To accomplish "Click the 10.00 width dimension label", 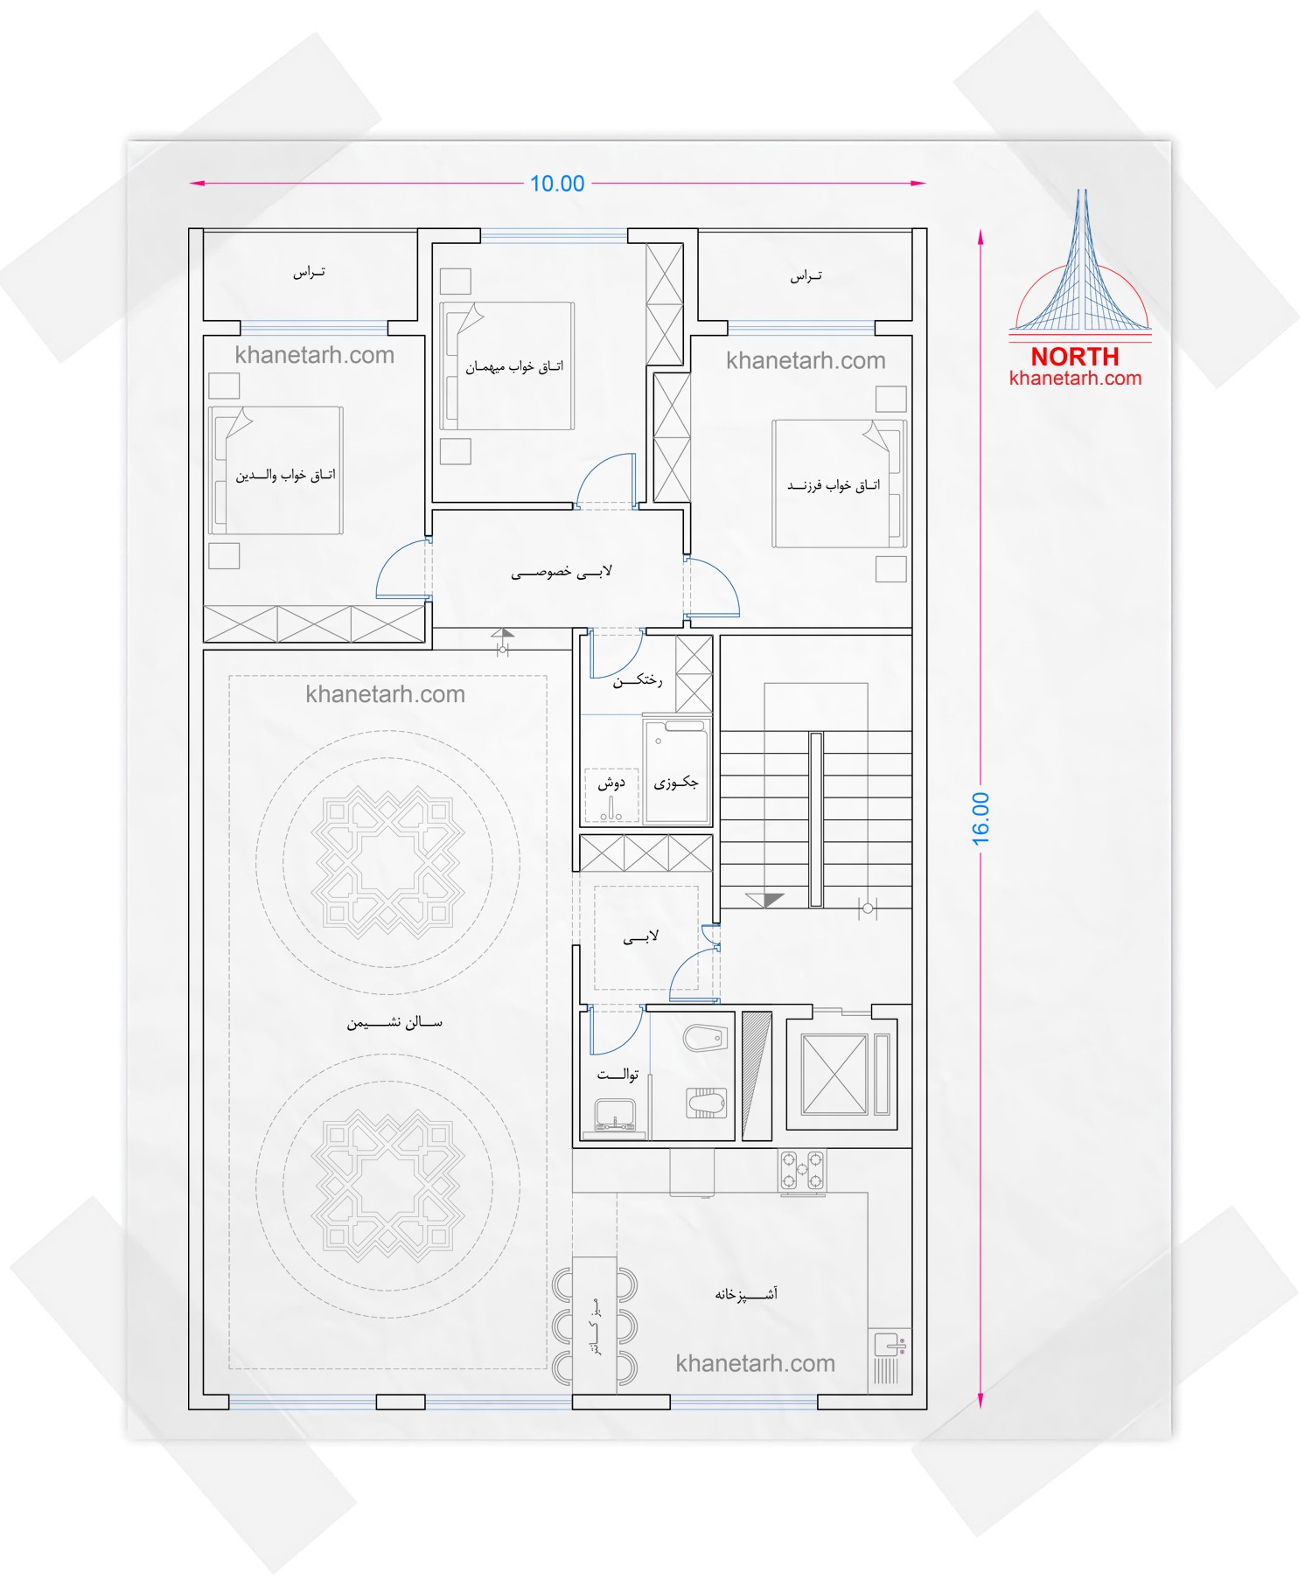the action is tap(557, 184).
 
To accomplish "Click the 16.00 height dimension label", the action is tap(981, 818).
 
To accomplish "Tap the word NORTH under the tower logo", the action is tap(1075, 357).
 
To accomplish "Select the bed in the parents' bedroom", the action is tap(276, 470).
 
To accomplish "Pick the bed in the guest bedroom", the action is tap(507, 365).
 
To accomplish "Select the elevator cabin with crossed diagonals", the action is tap(834, 1074).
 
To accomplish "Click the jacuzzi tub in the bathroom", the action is tap(676, 770).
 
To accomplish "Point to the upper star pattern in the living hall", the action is tap(387, 862).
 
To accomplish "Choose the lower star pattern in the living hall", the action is tap(387, 1186).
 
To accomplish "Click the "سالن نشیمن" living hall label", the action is tap(394, 1022).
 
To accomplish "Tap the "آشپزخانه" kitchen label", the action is tap(746, 1293).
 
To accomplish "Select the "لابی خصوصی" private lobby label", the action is tap(562, 573).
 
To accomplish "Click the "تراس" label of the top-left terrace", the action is tap(309, 273).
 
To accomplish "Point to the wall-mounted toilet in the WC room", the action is tap(705, 1039).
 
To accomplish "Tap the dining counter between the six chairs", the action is tap(595, 1324).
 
